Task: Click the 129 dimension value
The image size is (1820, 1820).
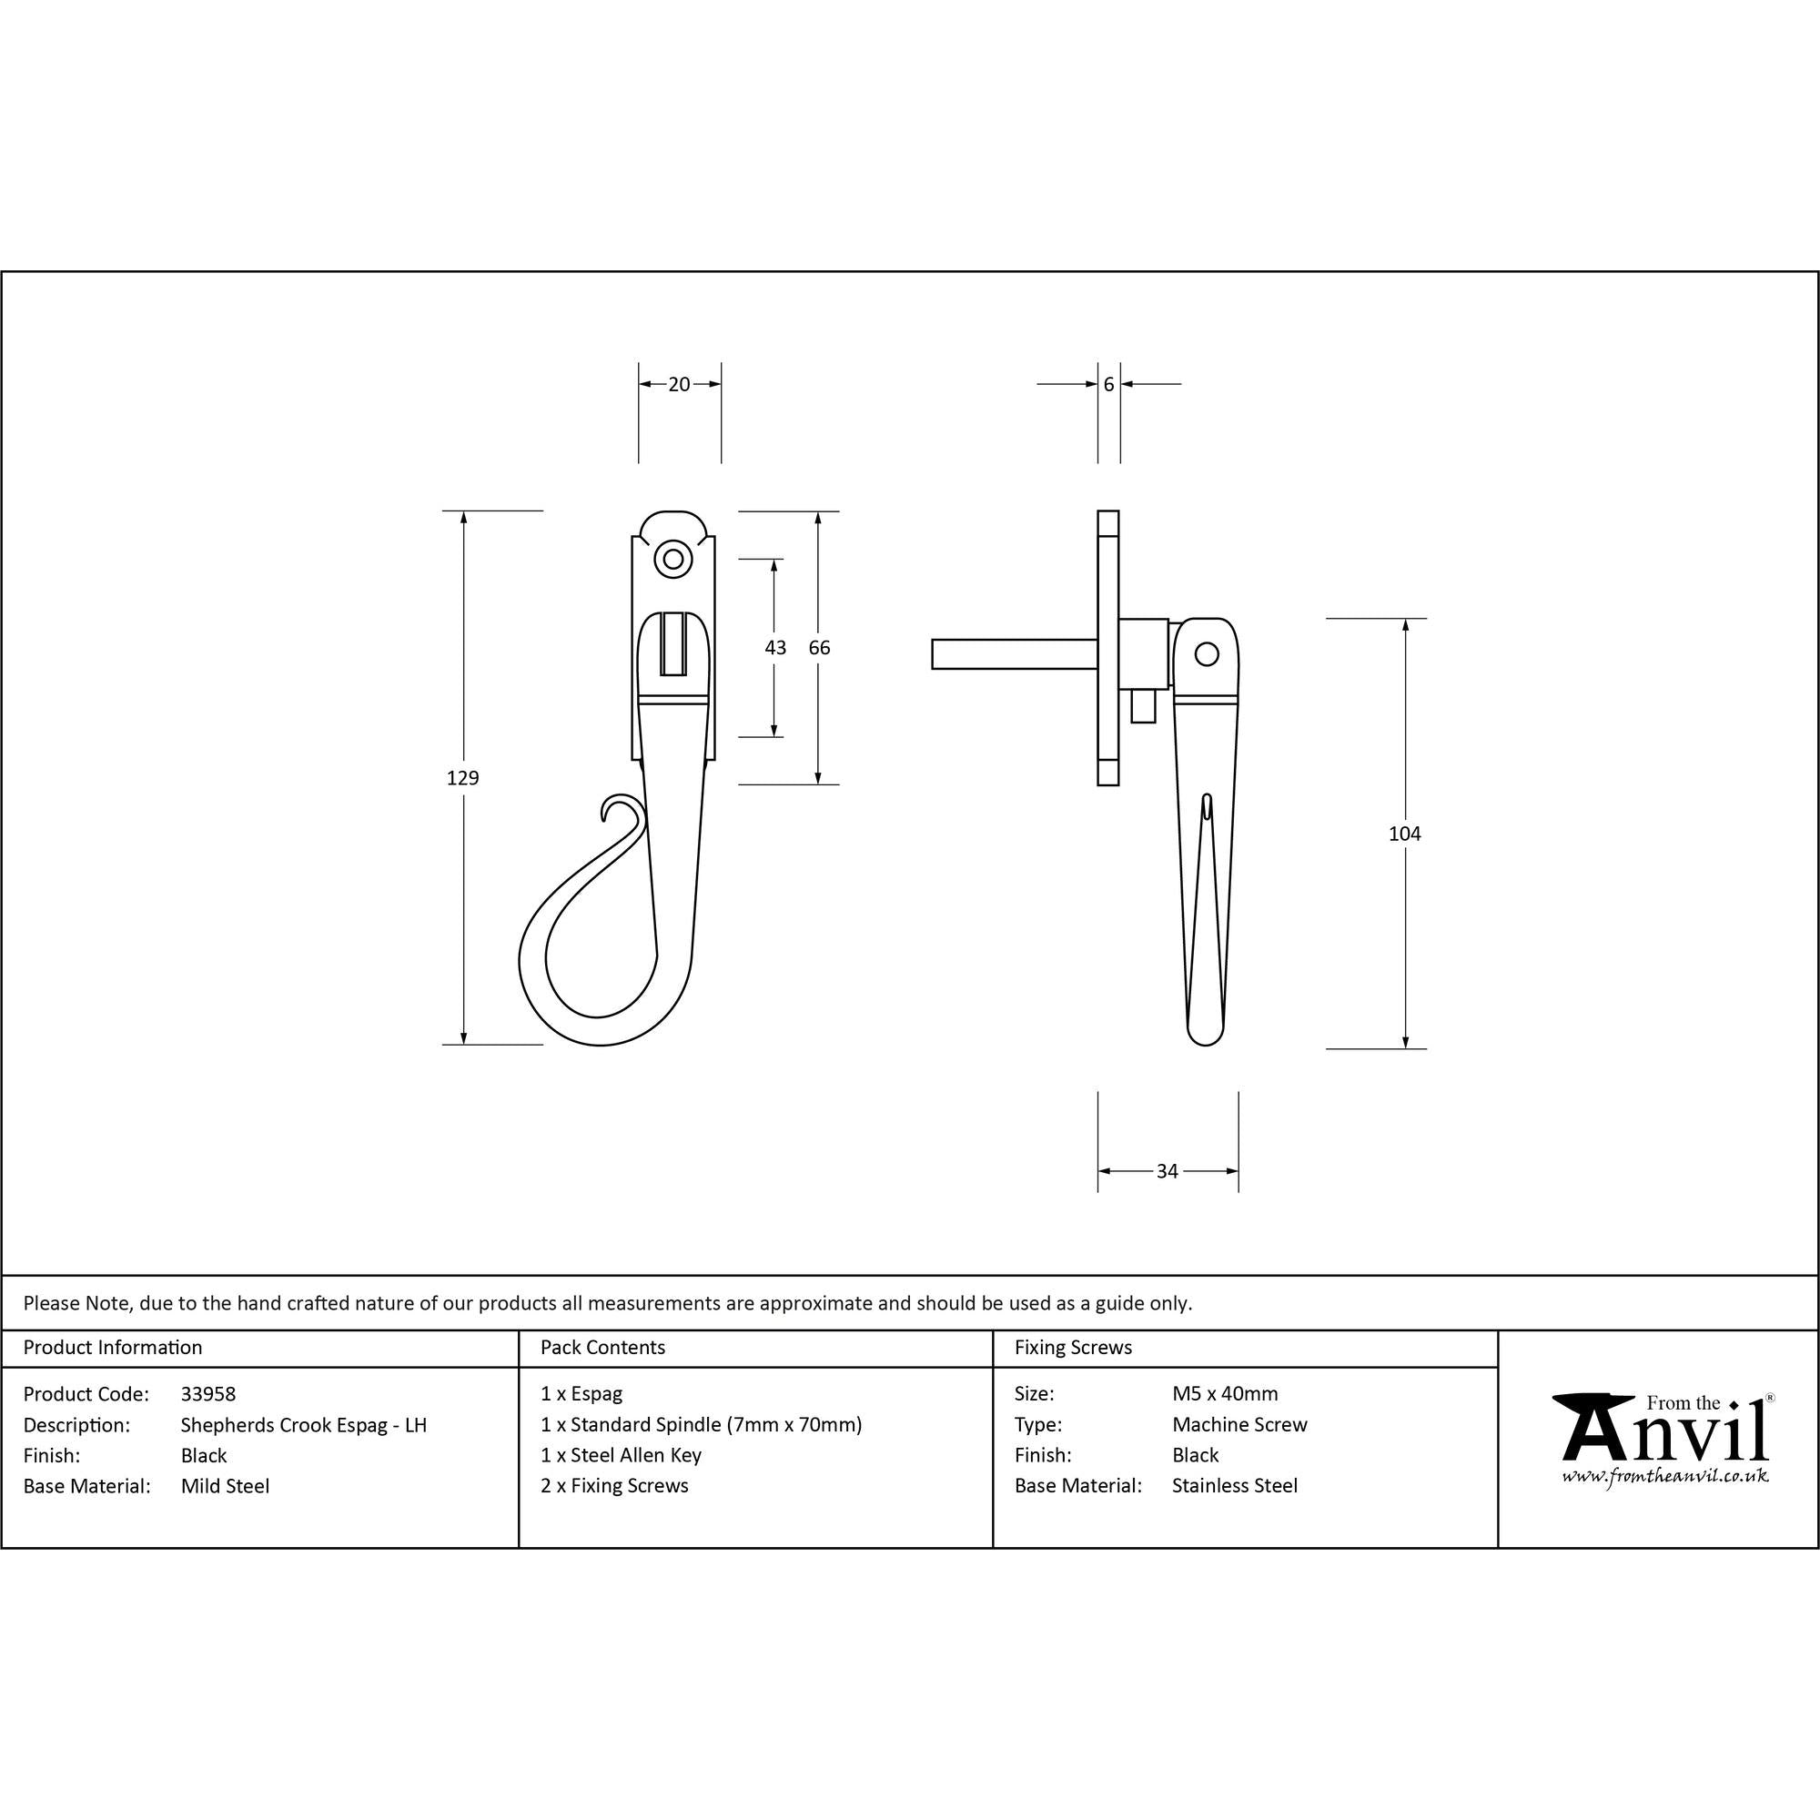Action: click(x=462, y=777)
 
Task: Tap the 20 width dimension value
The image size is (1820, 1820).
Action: click(x=679, y=384)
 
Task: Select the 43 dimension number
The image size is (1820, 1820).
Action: click(x=775, y=647)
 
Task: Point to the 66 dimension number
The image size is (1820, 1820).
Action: click(x=820, y=647)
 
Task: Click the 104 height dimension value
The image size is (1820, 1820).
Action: click(x=1404, y=833)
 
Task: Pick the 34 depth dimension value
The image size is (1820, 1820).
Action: click(x=1168, y=1171)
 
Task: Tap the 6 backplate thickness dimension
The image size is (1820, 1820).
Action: click(x=1108, y=384)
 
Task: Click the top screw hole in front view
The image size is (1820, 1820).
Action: click(x=672, y=560)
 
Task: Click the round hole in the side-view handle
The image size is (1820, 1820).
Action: click(x=1206, y=652)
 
